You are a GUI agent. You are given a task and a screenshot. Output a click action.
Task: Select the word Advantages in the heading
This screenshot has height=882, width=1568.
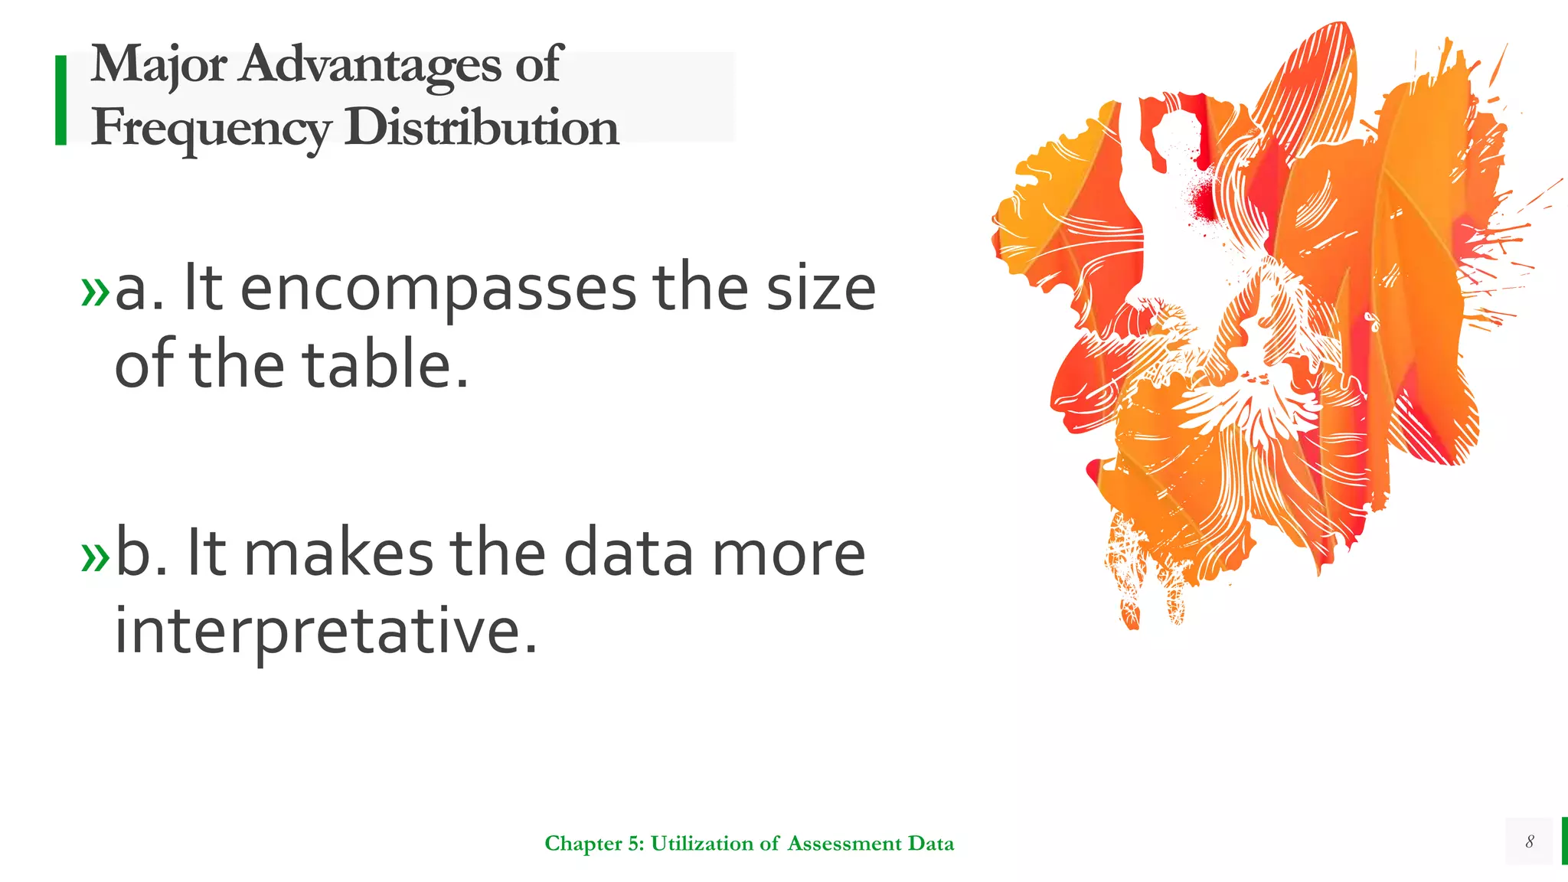coord(371,66)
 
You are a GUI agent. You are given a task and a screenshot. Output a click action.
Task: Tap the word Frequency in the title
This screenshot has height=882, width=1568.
coord(211,129)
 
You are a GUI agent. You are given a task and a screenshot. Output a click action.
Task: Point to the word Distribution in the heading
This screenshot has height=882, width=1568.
coord(481,127)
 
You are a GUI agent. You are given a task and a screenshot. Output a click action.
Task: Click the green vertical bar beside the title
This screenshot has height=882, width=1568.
coord(61,100)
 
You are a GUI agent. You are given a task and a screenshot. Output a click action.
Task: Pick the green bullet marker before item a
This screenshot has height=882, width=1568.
coord(96,292)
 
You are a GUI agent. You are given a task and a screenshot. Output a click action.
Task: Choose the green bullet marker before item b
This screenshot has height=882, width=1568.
coord(96,557)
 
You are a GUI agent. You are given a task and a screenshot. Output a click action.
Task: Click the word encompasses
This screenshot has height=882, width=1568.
coord(438,291)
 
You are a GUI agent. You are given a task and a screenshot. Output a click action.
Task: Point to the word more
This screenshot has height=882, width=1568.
coord(789,554)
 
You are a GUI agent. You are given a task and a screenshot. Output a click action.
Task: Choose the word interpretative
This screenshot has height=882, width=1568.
coord(325,631)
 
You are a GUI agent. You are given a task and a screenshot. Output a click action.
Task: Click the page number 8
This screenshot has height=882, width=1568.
coord(1530,841)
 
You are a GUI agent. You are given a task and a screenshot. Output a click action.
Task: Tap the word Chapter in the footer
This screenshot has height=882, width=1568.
coord(583,844)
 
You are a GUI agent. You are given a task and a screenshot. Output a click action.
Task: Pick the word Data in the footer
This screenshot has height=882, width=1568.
coord(931,843)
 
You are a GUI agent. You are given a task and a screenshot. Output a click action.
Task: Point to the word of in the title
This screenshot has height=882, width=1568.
coord(538,64)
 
